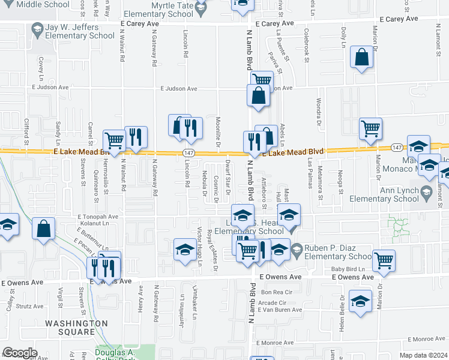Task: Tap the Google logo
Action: pyautogui.click(x=20, y=353)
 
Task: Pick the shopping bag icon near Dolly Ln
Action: pyautogui.click(x=362, y=58)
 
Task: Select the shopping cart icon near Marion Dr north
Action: pyautogui.click(x=370, y=128)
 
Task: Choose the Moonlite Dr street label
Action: pyautogui.click(x=219, y=131)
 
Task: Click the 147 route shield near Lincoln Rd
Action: pyautogui.click(x=188, y=153)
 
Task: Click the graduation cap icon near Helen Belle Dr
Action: pyautogui.click(x=360, y=301)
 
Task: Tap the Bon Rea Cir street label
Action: pyautogui.click(x=276, y=292)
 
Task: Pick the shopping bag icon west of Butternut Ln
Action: pyautogui.click(x=44, y=229)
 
